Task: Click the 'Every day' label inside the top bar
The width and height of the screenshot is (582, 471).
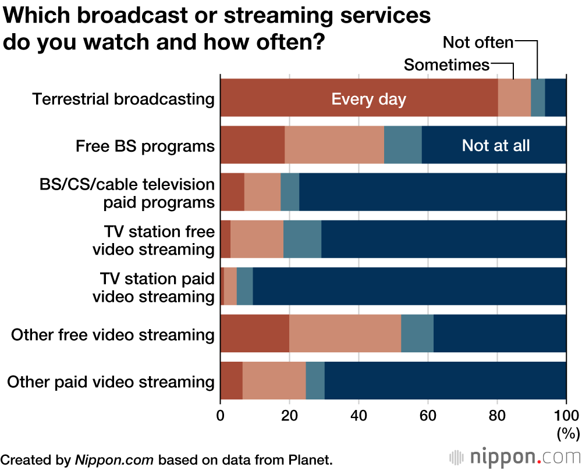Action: click(x=368, y=99)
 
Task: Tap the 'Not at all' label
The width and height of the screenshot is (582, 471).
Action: click(x=496, y=145)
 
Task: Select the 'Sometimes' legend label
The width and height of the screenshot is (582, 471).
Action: click(x=446, y=65)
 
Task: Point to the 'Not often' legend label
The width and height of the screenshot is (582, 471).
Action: click(x=478, y=42)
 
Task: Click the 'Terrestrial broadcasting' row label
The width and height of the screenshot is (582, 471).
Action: click(x=123, y=99)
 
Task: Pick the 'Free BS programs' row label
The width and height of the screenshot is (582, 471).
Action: click(x=145, y=145)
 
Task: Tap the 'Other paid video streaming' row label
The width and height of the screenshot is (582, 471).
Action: click(x=111, y=382)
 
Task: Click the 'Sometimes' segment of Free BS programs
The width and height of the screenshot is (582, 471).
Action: click(x=334, y=145)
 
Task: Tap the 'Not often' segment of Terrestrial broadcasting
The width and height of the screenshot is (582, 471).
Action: click(x=538, y=98)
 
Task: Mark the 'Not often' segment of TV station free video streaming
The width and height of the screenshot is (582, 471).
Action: click(x=302, y=240)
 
